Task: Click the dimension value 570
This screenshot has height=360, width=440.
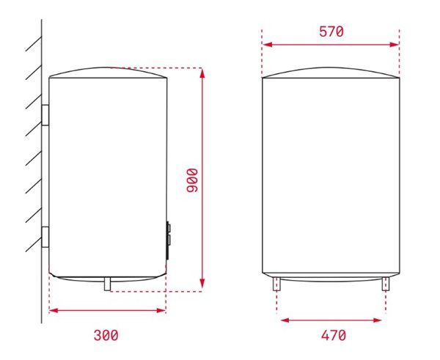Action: tap(331, 32)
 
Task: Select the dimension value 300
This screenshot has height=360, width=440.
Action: tap(106, 335)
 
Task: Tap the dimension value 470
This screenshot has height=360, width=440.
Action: tap(332, 335)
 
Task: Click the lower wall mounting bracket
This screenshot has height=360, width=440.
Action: tap(45, 238)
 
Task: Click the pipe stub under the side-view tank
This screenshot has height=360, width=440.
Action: tap(108, 283)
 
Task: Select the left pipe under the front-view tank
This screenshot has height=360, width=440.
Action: tap(279, 284)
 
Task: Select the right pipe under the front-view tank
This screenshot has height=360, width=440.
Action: tap(385, 284)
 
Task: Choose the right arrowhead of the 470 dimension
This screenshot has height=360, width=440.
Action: tap(380, 320)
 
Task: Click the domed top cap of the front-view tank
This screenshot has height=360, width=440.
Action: tap(331, 73)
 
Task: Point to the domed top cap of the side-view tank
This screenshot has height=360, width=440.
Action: tap(108, 72)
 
